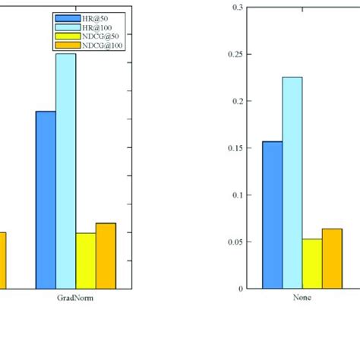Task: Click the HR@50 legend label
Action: pos(97,17)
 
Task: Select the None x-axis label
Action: pos(302,298)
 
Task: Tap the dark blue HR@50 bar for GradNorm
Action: pos(46,200)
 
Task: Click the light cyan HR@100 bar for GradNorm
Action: pos(65,171)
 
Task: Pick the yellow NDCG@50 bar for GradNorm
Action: pos(86,261)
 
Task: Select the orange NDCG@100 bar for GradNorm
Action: pos(106,255)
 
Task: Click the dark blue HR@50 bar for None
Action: pos(272,215)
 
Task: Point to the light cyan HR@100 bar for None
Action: pos(292,182)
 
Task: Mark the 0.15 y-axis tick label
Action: pos(235,148)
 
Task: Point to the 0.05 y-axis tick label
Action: pos(235,242)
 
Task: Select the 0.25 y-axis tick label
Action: pos(235,55)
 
